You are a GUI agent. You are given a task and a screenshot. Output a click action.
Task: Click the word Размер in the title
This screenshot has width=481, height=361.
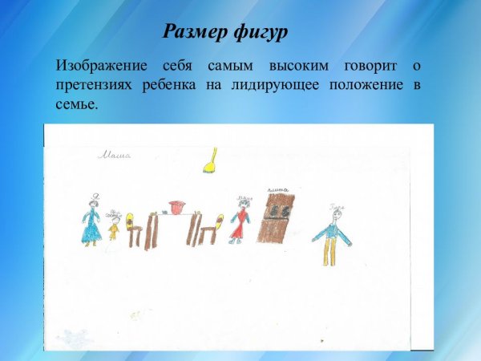coord(193,32)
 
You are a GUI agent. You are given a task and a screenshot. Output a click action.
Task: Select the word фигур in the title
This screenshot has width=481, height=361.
coord(259,32)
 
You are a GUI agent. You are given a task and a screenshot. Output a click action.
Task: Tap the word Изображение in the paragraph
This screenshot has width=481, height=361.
coord(102,65)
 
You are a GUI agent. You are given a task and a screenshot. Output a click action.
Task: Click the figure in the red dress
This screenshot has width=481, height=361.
coord(239,219)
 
